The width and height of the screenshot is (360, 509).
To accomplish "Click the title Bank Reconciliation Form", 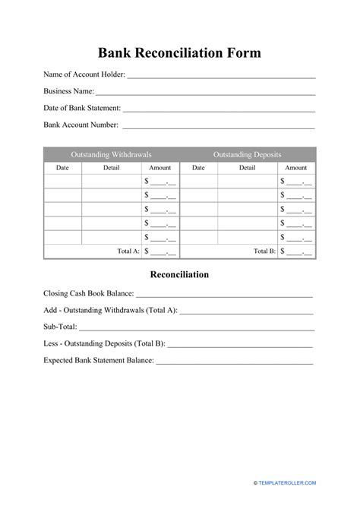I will [179, 53].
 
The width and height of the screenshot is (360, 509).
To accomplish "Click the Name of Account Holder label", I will [84, 74].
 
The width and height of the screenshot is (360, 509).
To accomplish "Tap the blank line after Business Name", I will [205, 93].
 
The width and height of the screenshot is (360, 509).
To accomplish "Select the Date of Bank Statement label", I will [81, 108].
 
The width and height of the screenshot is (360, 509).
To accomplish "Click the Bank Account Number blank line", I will [219, 126].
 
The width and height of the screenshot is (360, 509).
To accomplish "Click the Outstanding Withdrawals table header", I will [111, 154].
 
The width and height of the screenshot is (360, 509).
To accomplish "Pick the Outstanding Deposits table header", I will [248, 154].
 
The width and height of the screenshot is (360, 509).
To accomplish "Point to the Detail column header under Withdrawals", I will [111, 168].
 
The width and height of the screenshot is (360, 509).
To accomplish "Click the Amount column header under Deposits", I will [296, 168].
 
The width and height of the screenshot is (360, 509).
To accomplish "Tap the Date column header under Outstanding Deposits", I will [198, 168].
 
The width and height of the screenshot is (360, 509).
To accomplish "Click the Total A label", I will [128, 251].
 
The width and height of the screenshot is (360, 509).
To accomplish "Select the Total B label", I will [264, 251].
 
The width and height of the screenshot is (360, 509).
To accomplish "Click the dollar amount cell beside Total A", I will [160, 251].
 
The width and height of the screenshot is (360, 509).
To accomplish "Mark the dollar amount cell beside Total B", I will [296, 251].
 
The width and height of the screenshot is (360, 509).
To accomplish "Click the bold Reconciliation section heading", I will [179, 274].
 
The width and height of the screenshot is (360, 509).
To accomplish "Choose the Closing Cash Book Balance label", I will [89, 293].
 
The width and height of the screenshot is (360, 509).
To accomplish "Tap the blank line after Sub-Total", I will [196, 328].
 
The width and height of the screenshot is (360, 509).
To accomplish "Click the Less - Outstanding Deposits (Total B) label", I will [104, 343].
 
